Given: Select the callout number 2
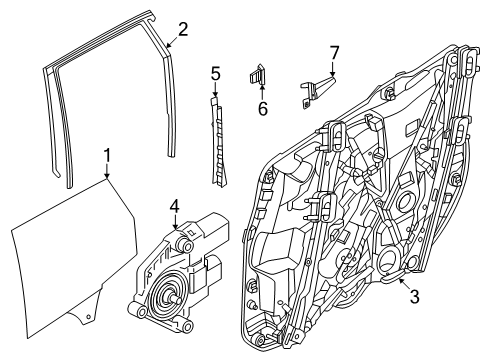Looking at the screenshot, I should coord(182,28).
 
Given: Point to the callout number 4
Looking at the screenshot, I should coord(174,207).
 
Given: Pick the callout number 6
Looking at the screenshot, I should coord(263,106).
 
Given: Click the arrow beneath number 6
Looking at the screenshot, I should coord(261,90).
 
